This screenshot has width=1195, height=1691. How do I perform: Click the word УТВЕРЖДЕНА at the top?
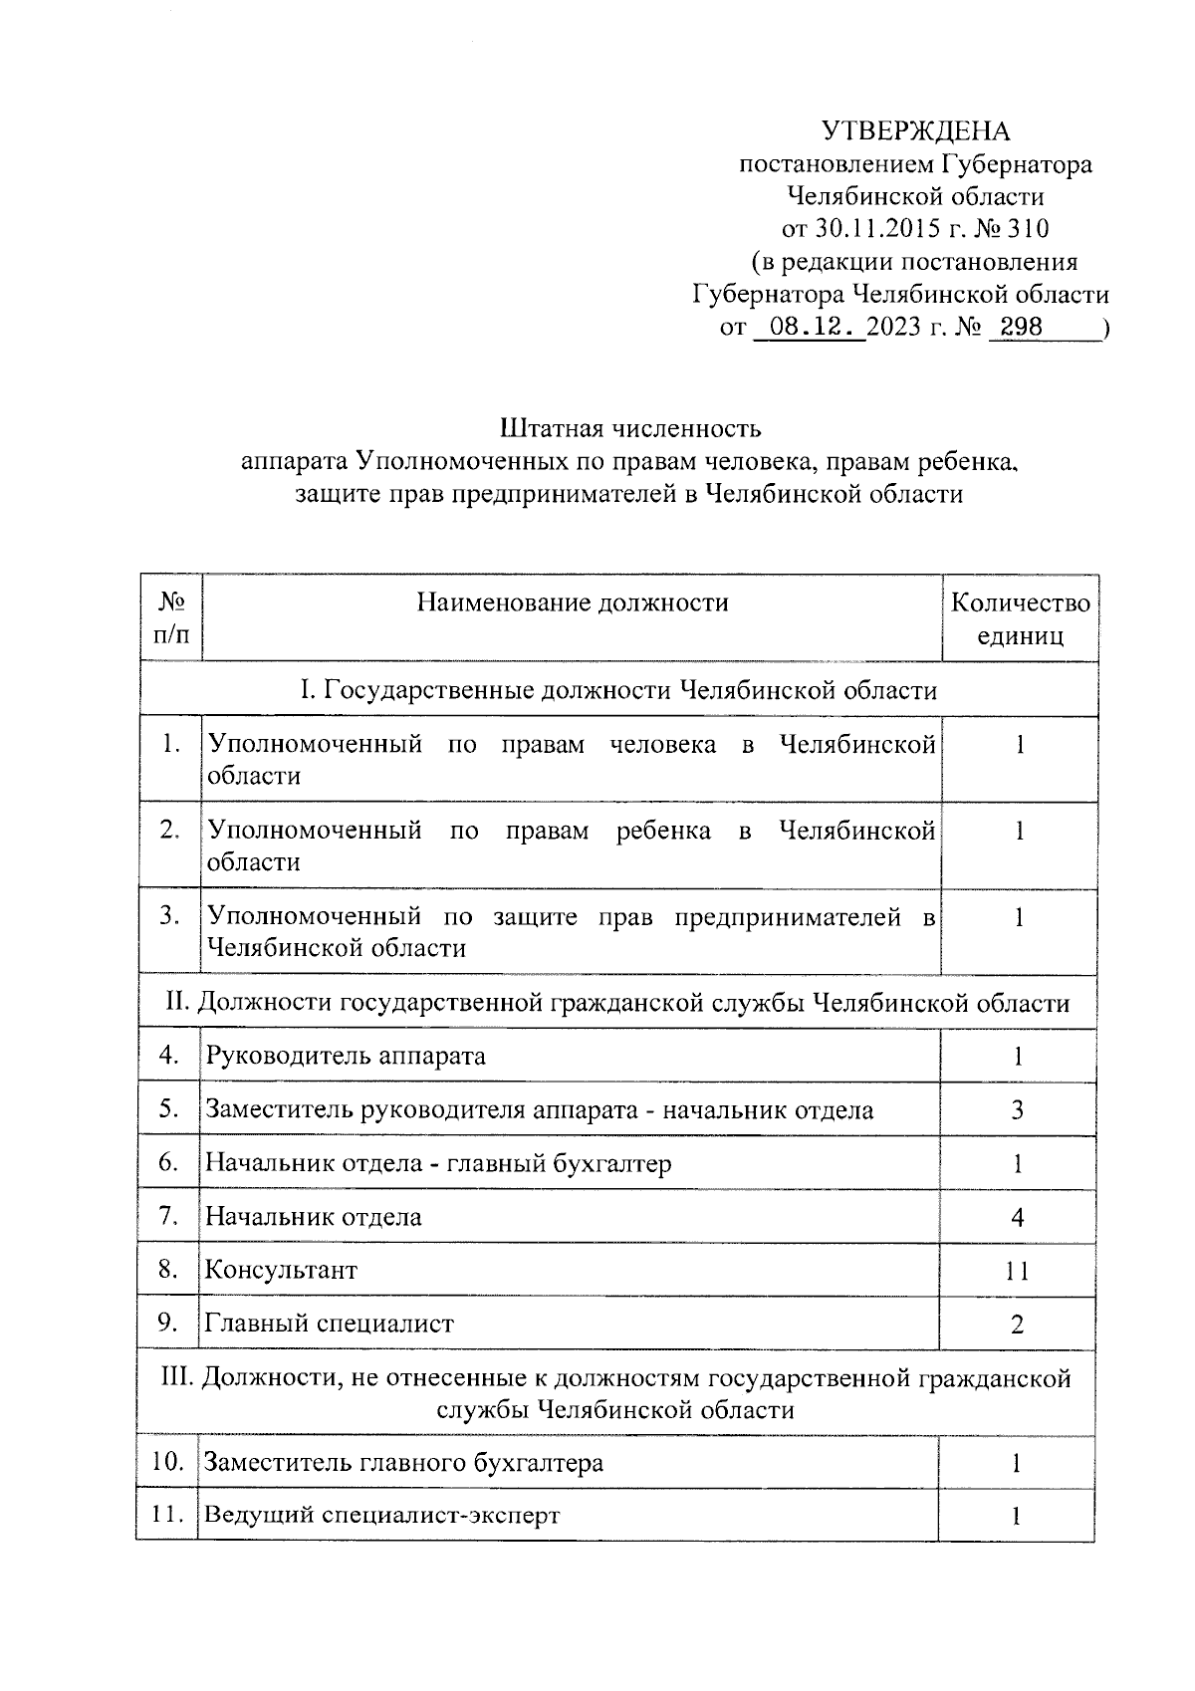(915, 131)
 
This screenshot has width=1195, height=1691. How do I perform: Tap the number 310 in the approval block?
(1028, 229)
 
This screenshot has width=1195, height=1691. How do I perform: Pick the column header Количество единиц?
(1020, 618)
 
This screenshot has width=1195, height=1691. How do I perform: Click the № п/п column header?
(171, 618)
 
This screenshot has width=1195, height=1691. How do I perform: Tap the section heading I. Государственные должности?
(617, 690)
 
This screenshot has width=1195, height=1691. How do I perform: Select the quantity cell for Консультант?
(1017, 1271)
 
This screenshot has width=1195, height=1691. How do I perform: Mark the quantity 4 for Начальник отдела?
(1017, 1217)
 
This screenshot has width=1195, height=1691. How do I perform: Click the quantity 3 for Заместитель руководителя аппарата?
(1017, 1110)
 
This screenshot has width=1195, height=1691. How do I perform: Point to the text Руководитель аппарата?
(346, 1056)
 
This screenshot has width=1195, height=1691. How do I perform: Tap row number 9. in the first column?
(168, 1323)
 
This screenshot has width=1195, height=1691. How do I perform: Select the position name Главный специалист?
(329, 1324)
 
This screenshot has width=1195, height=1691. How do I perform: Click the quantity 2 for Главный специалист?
(1017, 1325)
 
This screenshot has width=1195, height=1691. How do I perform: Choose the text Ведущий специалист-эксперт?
(381, 1516)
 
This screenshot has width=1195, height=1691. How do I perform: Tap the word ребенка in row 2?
(663, 831)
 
